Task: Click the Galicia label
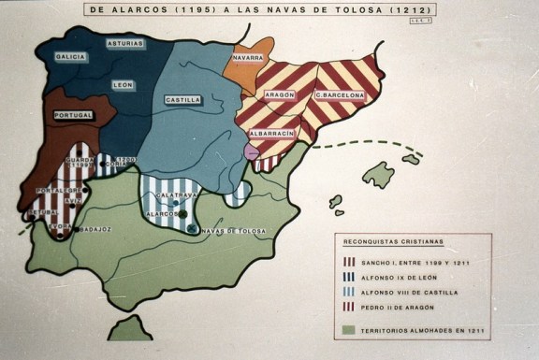[71, 57]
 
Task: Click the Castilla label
[182, 99]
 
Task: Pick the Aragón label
[279, 95]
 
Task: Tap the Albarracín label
[271, 134]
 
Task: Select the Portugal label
[79, 114]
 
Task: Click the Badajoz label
[95, 228]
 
